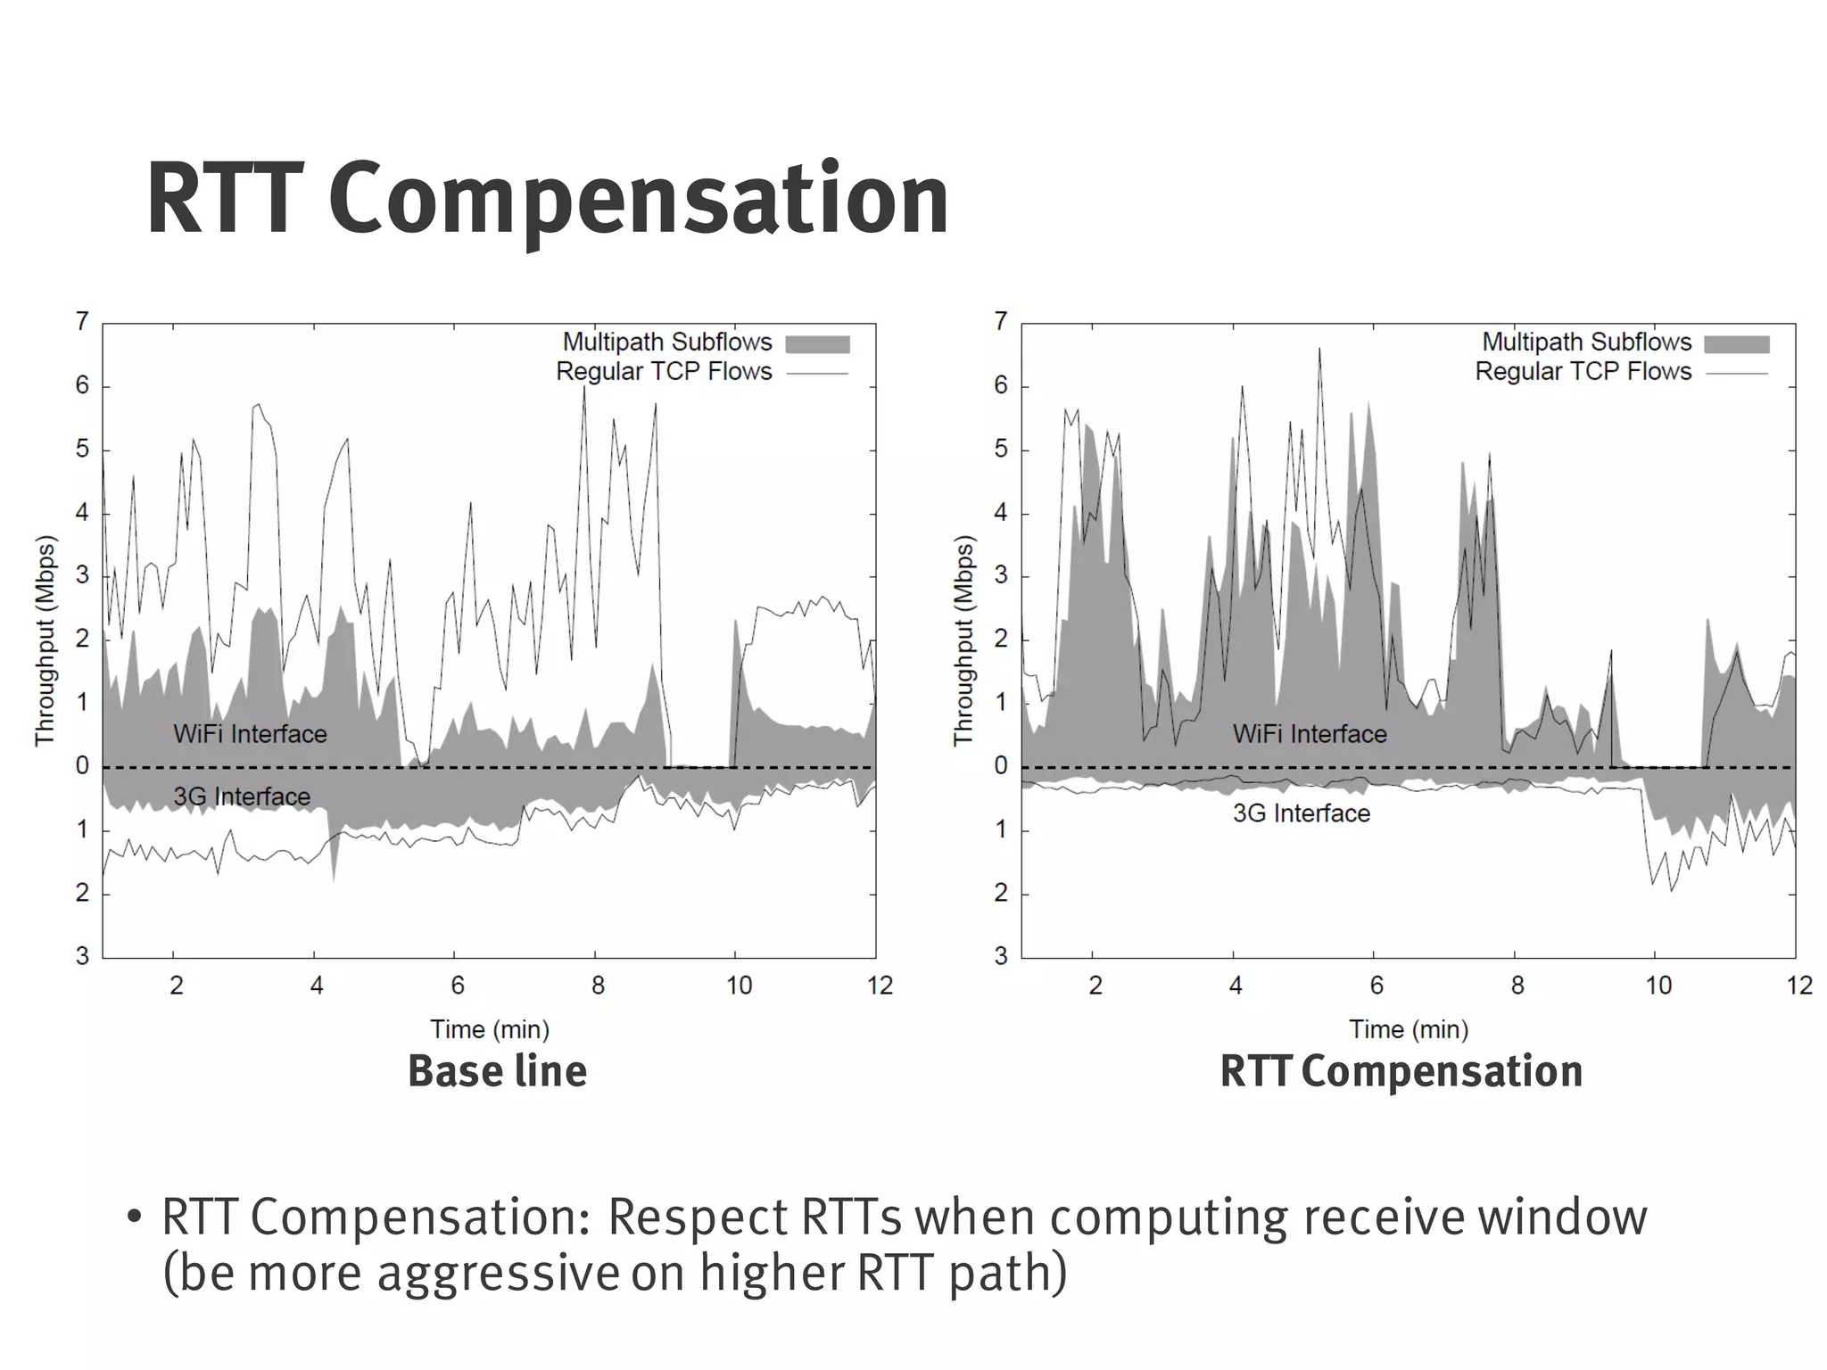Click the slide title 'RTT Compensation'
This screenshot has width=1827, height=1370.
(547, 199)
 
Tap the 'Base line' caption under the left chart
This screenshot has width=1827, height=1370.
(497, 1071)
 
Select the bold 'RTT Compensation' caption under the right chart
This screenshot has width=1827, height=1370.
(1401, 1071)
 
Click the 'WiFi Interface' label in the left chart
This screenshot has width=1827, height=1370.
(250, 734)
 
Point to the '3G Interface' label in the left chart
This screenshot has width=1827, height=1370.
(242, 796)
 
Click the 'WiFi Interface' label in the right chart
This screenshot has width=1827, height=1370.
(1310, 734)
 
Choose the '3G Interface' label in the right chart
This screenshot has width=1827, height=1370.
(1302, 813)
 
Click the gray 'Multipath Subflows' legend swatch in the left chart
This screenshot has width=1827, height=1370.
(817, 344)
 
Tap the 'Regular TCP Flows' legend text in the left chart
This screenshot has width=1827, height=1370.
(664, 372)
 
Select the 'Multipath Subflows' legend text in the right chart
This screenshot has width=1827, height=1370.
(1586, 342)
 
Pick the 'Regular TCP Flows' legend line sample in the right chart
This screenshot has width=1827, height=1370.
(1737, 373)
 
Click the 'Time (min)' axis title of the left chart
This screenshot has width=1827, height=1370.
(490, 1029)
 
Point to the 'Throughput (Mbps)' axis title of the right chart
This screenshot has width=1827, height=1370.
(963, 640)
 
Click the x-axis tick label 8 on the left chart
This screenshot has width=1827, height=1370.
(598, 986)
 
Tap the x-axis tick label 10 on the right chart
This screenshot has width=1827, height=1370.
(1658, 986)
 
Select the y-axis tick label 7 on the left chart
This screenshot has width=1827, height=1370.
(82, 321)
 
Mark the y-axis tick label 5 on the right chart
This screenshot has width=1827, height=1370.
(1001, 449)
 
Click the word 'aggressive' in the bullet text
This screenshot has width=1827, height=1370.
(497, 1273)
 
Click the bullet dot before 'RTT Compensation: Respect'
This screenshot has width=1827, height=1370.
(135, 1217)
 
